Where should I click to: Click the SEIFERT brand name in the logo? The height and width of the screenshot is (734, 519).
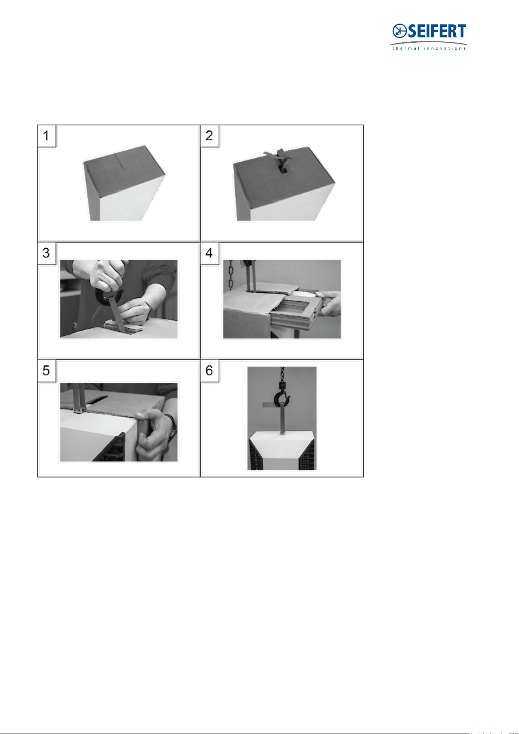click(x=437, y=31)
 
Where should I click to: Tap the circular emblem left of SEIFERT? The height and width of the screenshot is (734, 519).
click(x=400, y=31)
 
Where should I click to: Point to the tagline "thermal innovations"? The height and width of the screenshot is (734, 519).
click(x=429, y=48)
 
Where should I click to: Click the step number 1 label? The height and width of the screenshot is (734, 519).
click(x=46, y=135)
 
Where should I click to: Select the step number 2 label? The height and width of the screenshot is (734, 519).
click(x=209, y=135)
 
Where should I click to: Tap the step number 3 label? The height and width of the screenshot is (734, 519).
click(x=46, y=253)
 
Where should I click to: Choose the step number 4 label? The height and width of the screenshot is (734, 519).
click(x=209, y=253)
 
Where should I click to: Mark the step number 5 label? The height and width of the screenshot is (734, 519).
click(x=46, y=371)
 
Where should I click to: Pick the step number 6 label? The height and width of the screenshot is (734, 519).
click(x=209, y=371)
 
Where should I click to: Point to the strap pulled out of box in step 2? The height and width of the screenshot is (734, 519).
click(x=281, y=161)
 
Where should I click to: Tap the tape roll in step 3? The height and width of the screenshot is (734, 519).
click(x=105, y=296)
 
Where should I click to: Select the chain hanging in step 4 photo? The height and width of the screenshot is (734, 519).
click(x=231, y=274)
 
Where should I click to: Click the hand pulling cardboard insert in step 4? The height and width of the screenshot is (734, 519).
click(x=329, y=303)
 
